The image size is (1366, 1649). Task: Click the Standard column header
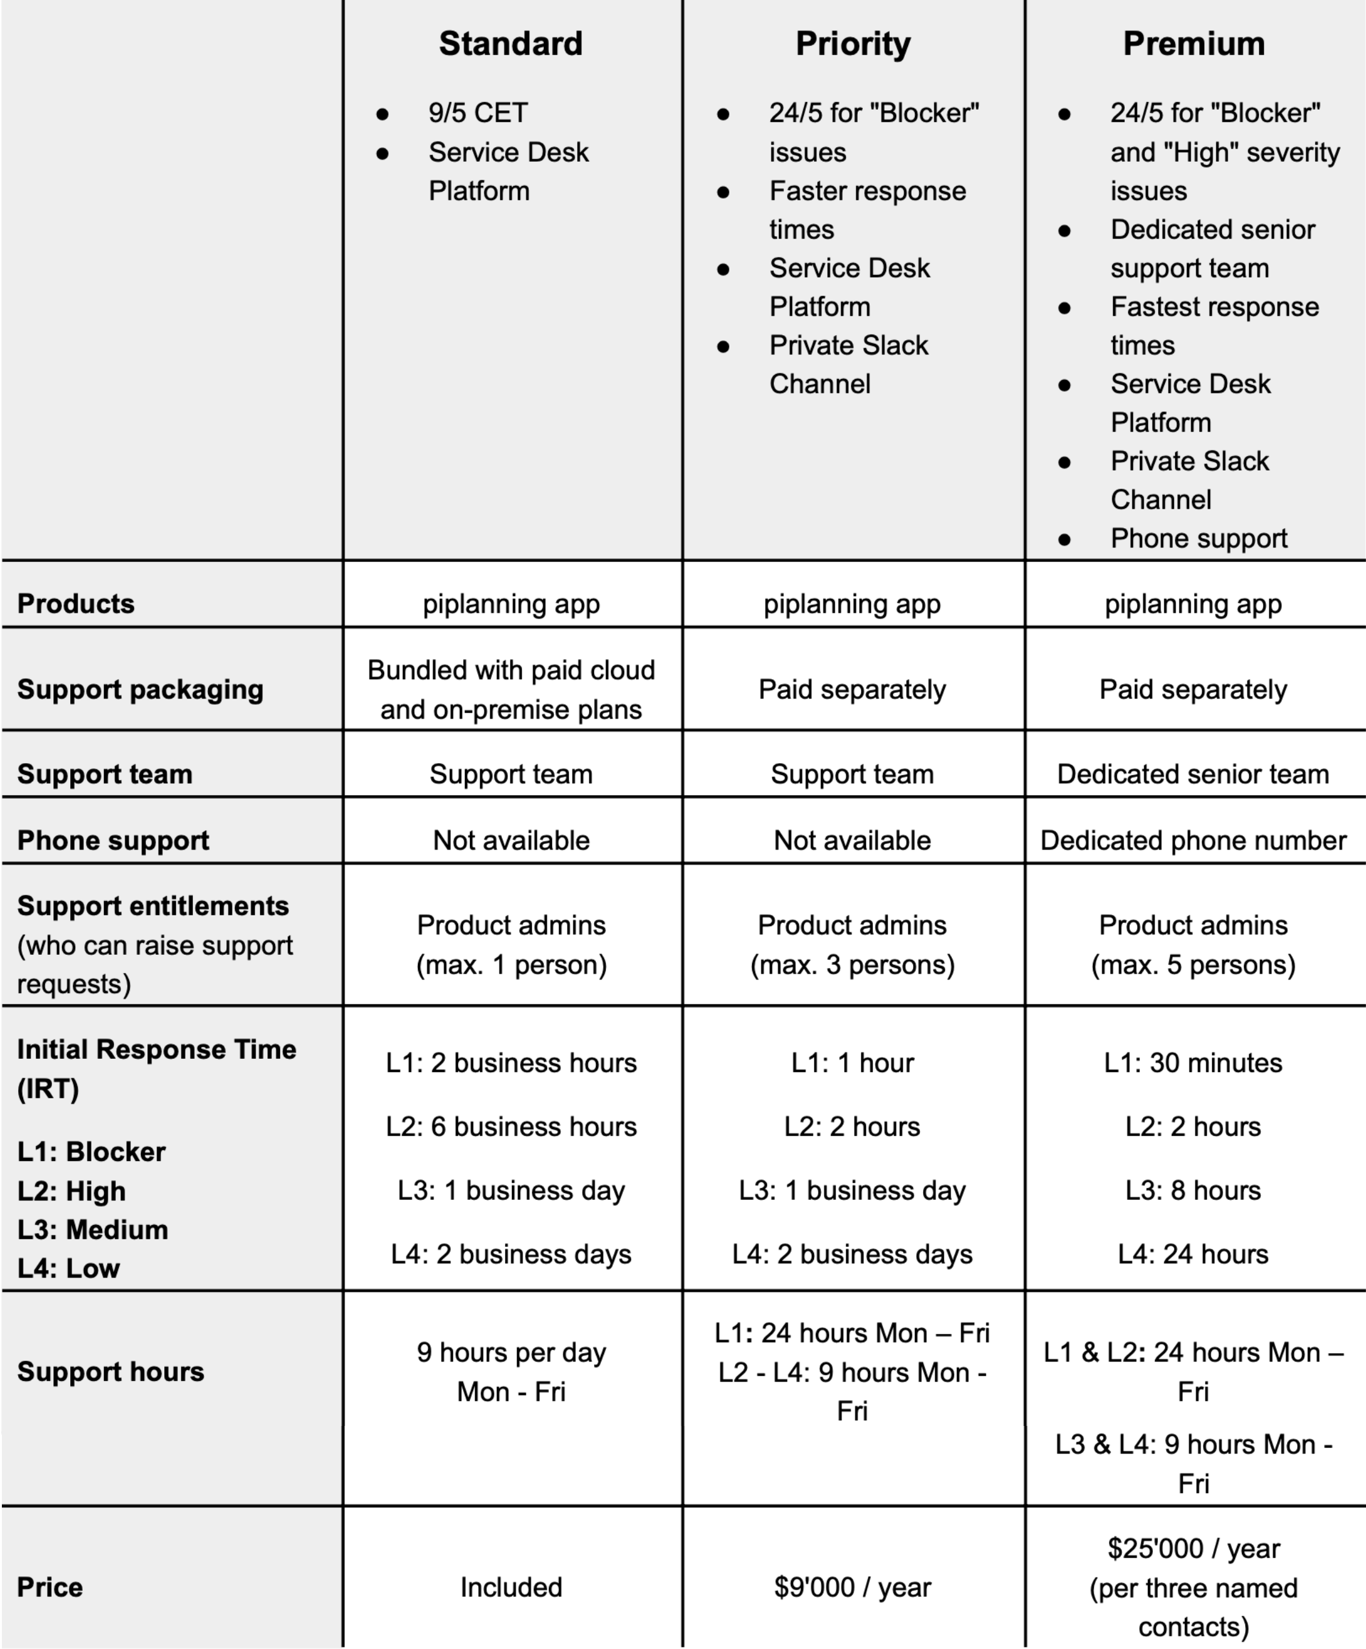point(511,44)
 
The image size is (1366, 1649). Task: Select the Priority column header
point(852,44)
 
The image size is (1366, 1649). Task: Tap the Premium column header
point(1193,44)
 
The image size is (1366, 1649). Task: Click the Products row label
point(76,603)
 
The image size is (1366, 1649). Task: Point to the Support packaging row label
point(140,689)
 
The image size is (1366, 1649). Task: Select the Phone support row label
point(113,840)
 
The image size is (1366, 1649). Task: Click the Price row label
point(50,1586)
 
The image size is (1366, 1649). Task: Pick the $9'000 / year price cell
point(852,1587)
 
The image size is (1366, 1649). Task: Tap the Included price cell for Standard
point(511,1587)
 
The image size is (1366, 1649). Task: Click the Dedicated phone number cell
point(1193,840)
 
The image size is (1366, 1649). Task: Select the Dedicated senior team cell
point(1193,774)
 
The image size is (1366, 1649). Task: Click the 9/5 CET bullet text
point(477,113)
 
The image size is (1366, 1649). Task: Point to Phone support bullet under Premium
point(1199,539)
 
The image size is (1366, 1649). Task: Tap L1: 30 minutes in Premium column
point(1193,1063)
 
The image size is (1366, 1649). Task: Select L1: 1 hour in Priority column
point(852,1063)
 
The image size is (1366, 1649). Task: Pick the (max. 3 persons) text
point(852,964)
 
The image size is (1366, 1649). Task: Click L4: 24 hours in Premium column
point(1193,1254)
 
